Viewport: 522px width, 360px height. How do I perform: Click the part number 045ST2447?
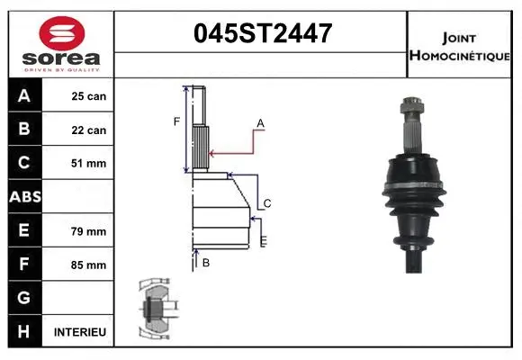(x=263, y=34)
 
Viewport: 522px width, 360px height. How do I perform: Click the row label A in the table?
(x=23, y=96)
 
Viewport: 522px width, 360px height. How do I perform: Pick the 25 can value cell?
(x=89, y=96)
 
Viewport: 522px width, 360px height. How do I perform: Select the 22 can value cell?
(x=89, y=130)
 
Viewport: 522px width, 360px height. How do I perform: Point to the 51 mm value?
(x=89, y=164)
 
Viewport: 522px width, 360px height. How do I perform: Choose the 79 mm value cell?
(x=89, y=231)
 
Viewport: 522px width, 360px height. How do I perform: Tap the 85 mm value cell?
(x=89, y=265)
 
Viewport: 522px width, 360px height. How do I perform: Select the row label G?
(x=23, y=298)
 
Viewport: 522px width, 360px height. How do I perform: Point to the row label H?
(x=23, y=332)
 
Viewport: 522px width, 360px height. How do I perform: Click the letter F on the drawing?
(x=177, y=121)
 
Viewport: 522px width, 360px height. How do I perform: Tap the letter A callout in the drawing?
(x=260, y=122)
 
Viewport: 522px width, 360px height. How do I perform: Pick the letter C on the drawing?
(x=267, y=203)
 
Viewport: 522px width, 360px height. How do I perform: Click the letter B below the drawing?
(x=206, y=263)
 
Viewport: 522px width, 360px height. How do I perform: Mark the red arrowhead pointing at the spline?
(x=212, y=154)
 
